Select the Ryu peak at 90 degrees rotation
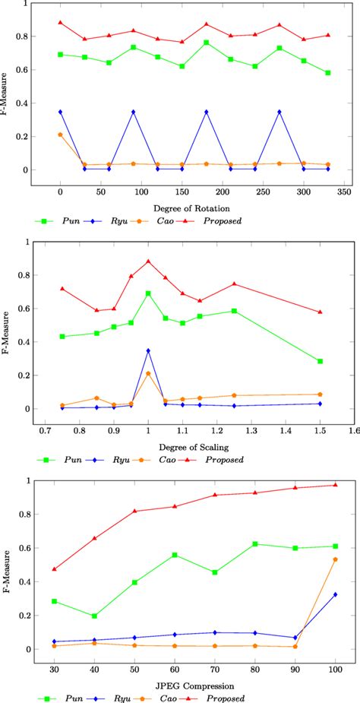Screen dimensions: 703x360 [x=134, y=112]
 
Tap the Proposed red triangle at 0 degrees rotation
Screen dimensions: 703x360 [x=60, y=23]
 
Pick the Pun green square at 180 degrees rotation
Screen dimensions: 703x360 [x=207, y=43]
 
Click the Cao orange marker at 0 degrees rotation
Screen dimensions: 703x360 [x=60, y=135]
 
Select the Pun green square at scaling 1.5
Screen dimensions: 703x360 [x=321, y=361]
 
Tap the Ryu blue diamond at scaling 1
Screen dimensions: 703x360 [x=148, y=350]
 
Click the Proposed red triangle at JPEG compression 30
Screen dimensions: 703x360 [x=54, y=569]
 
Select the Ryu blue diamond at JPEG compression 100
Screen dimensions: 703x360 [x=335, y=594]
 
